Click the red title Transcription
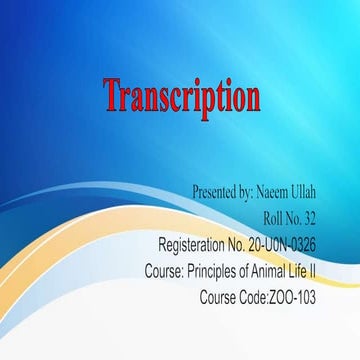[x=182, y=98]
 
